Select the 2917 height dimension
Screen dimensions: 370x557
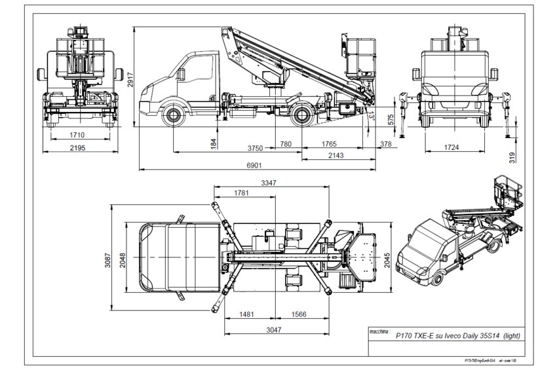[130, 78]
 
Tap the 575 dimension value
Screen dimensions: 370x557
[391, 119]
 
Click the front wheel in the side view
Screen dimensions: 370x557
[174, 117]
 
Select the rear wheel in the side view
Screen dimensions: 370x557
[303, 117]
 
